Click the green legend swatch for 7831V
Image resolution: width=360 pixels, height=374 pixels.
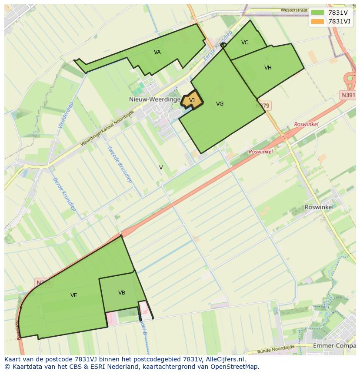[318, 13]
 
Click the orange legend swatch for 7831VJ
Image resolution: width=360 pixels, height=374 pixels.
[318, 21]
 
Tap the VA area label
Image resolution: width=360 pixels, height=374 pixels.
[157, 52]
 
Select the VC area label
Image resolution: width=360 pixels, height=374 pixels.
[245, 43]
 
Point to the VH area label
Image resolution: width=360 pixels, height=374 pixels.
[268, 68]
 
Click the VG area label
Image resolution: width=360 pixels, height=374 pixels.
[220, 104]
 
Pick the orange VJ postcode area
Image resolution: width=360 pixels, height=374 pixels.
[192, 101]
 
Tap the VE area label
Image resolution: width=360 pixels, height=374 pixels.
[74, 295]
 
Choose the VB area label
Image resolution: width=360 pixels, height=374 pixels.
[122, 293]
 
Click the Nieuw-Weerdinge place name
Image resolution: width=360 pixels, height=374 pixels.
[155, 99]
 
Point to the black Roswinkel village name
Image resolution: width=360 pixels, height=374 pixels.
[319, 207]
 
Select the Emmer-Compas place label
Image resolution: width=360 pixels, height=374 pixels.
[334, 346]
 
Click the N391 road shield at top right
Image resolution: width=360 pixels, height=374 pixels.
[348, 95]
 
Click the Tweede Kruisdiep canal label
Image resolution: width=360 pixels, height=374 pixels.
[120, 164]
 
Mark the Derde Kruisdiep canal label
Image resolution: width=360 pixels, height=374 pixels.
[64, 194]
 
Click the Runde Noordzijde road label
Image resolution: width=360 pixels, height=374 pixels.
[275, 349]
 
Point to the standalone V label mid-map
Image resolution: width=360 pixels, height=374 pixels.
[161, 168]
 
